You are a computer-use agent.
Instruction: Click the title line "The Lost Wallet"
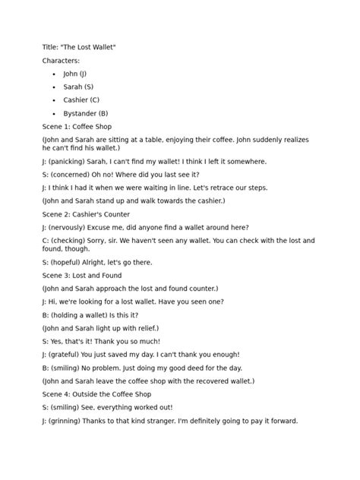[79, 48]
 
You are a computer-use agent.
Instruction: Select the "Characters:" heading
[60, 61]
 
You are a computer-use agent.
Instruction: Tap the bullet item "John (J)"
[75, 74]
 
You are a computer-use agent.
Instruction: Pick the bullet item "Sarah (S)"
[78, 87]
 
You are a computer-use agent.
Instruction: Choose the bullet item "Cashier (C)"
[81, 100]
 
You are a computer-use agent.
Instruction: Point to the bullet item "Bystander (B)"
[86, 113]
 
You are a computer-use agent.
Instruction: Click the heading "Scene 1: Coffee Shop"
[77, 126]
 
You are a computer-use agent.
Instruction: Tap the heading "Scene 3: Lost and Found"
[81, 275]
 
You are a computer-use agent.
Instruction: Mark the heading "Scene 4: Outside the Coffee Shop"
[97, 394]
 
